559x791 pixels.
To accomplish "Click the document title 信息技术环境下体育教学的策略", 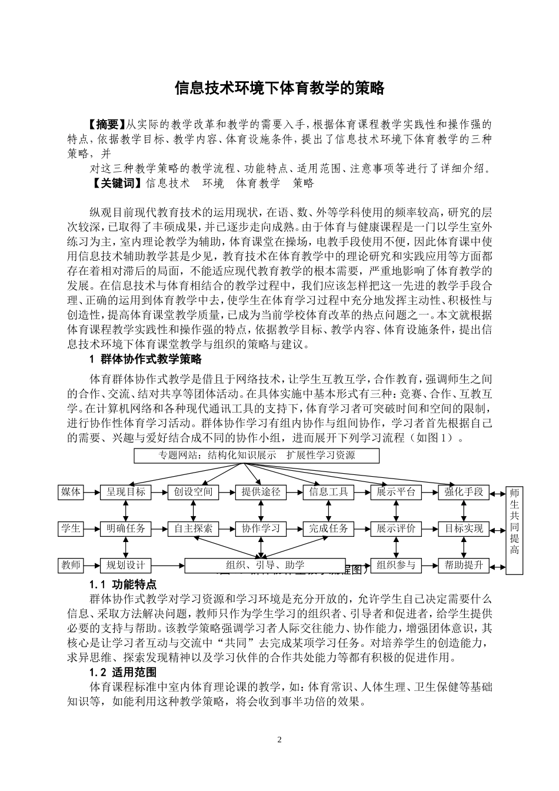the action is pyautogui.click(x=279, y=88).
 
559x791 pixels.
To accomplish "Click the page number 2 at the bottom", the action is pyautogui.click(x=279, y=739).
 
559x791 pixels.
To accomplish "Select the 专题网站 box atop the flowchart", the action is pyautogui.click(x=257, y=456).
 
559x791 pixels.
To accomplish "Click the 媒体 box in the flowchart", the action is pyautogui.click(x=71, y=491).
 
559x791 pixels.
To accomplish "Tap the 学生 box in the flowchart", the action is pyautogui.click(x=71, y=529).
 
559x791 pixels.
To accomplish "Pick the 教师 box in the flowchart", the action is pyautogui.click(x=71, y=565).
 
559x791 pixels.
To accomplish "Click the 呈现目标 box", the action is pyautogui.click(x=125, y=492).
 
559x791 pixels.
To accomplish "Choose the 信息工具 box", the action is pyautogui.click(x=328, y=492).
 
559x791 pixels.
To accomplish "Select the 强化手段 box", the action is pyautogui.click(x=464, y=492).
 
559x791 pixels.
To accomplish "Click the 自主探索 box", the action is pyautogui.click(x=193, y=529).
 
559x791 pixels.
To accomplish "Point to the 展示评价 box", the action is pyautogui.click(x=396, y=529).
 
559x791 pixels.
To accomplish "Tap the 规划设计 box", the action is pyautogui.click(x=125, y=566).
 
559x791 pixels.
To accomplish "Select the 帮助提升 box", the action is pyautogui.click(x=464, y=566).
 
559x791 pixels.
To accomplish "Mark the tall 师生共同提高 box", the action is pyautogui.click(x=514, y=529).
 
